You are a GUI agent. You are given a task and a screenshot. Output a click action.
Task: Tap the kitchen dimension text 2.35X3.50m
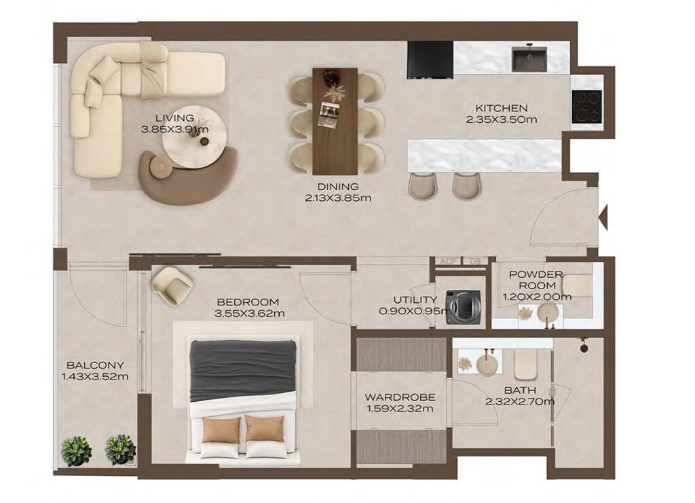point(501,119)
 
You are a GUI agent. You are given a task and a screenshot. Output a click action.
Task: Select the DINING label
point(337,187)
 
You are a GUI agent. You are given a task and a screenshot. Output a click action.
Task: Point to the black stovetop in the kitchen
point(586,107)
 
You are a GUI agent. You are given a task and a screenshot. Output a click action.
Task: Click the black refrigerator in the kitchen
point(430,59)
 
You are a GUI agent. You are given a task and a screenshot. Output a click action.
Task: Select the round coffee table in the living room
point(192,142)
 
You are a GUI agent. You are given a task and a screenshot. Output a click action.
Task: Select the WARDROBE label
point(399,397)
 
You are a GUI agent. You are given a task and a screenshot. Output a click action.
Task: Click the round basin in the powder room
point(548,312)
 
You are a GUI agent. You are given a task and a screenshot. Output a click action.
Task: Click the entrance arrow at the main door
point(602,217)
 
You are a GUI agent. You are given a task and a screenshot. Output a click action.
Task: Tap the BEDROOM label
point(248,302)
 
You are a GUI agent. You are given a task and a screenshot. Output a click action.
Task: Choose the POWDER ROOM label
point(536,280)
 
